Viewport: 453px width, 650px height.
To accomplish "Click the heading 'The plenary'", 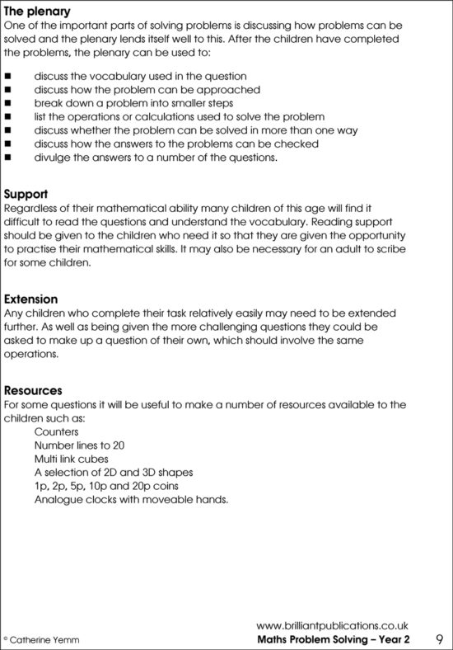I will [x=37, y=12].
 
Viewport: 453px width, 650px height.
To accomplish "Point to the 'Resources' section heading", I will [x=33, y=389].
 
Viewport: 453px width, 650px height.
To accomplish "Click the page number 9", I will [x=439, y=639].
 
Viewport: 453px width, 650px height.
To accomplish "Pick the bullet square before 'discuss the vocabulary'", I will [x=7, y=76].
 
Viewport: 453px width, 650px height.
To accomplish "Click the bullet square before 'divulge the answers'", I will [x=7, y=158].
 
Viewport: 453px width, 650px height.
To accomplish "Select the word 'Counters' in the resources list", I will [x=57, y=431].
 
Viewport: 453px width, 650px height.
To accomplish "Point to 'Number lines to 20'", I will [x=79, y=445].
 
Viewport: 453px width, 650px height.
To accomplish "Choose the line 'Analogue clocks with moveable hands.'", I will [x=131, y=499].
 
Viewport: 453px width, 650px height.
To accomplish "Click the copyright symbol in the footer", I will [x=5, y=639].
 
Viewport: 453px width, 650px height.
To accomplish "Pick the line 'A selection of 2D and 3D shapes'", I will [x=114, y=472].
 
